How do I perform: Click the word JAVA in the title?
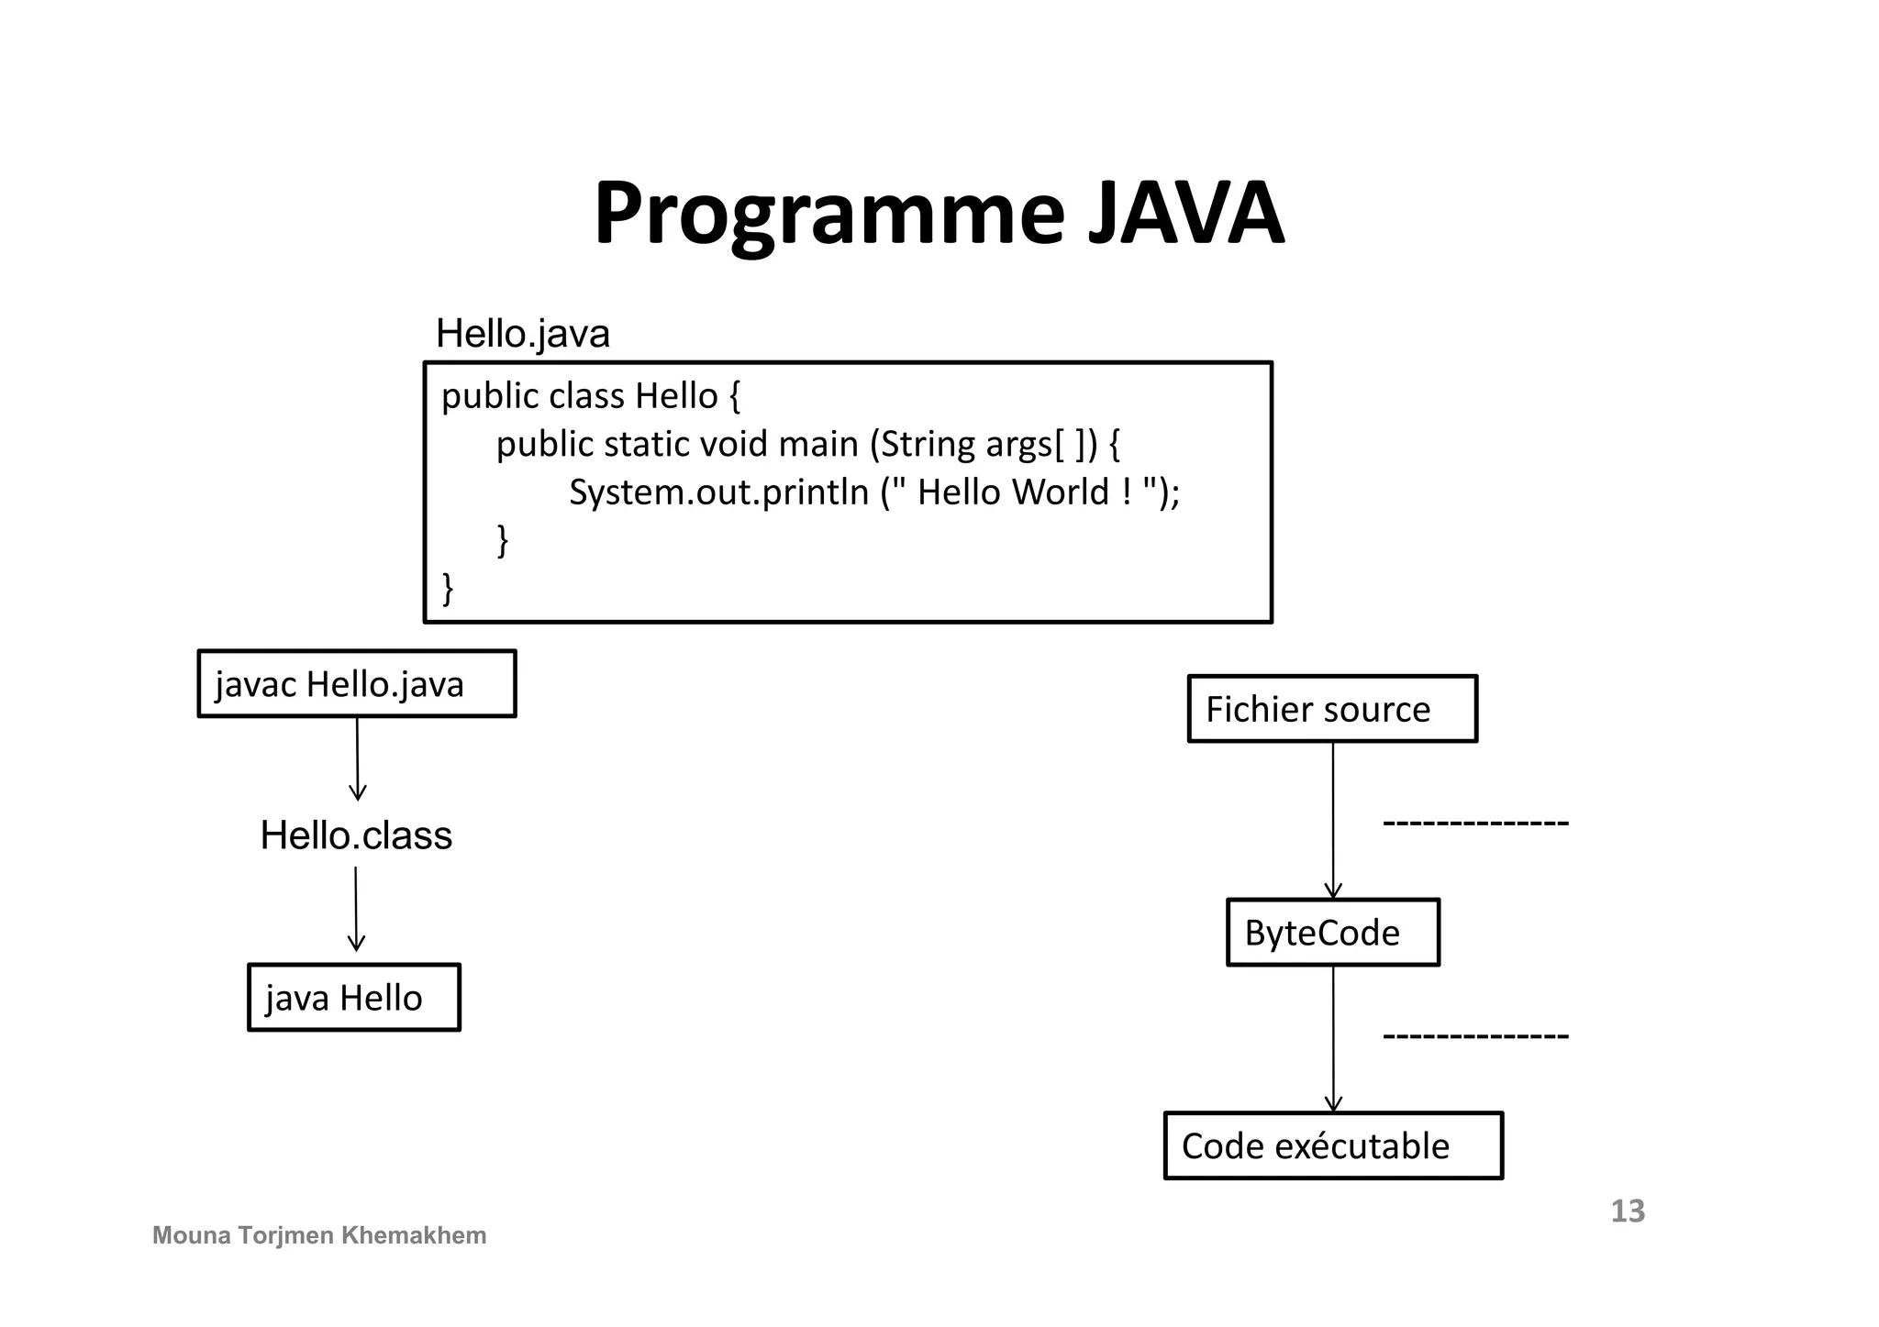coord(1185,214)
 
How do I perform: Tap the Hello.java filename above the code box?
coord(522,334)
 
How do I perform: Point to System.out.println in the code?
coord(718,493)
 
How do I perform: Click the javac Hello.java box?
coord(357,684)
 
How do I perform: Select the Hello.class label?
coord(356,835)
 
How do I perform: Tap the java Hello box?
coord(354,998)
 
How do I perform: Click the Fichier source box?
coord(1332,709)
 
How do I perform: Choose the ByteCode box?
coord(1333,933)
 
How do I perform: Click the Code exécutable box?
coord(1333,1146)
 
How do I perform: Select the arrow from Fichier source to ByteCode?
coord(1333,821)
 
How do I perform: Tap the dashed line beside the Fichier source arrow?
coord(1475,823)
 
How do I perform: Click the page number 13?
coord(1628,1211)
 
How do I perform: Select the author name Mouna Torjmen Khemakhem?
coord(319,1236)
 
